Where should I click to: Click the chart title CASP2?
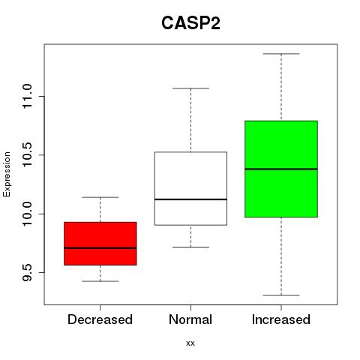tap(190, 23)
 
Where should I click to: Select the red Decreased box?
tap(100, 244)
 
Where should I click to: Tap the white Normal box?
tap(190, 188)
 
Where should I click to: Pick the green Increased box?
tap(281, 169)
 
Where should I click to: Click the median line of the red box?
tap(100, 248)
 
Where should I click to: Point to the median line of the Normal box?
tap(190, 199)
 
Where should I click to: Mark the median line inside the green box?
tap(281, 169)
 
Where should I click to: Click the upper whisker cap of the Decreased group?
tap(100, 197)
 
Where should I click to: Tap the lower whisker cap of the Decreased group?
tap(100, 281)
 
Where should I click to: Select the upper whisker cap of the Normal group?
tap(190, 88)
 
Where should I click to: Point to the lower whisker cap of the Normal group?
tap(190, 247)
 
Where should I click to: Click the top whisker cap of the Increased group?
tap(281, 54)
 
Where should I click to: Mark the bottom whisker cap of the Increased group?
tap(281, 295)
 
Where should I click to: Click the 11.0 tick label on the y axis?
tap(27, 96)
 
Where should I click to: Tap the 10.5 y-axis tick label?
tap(27, 154)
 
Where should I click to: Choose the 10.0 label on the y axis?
tap(27, 214)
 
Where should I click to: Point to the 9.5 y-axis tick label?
tap(27, 272)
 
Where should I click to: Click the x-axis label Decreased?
tap(100, 319)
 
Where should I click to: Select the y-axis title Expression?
tap(7, 174)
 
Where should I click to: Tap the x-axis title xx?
tap(190, 343)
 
